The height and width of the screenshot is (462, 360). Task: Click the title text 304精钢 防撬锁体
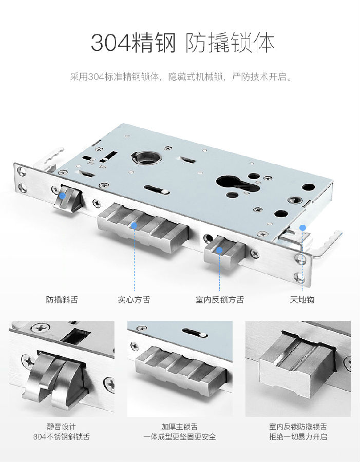coord(182,43)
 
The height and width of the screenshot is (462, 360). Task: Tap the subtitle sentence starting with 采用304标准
coord(181,77)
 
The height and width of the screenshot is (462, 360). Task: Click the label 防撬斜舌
coord(62,300)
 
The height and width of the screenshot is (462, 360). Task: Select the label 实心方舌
coord(134,300)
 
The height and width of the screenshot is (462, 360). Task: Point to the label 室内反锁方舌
coord(220,300)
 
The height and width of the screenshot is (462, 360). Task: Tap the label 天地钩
coord(302,300)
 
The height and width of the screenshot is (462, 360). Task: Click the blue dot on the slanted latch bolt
coord(63,196)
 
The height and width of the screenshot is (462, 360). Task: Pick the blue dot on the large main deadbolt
coord(134,226)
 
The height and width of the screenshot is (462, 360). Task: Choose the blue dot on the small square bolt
coord(219,250)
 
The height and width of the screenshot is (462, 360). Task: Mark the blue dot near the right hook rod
coord(303,227)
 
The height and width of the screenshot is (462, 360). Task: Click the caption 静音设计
coord(61,427)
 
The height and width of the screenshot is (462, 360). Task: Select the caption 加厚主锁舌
coord(179,427)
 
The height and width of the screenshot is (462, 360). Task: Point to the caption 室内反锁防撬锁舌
coord(298,427)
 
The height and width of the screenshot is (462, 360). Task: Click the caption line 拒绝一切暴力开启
coord(298,436)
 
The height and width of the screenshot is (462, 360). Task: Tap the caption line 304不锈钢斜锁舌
coord(61,436)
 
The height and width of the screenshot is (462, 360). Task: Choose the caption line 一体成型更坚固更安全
coord(179,436)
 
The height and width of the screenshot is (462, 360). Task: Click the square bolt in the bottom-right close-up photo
coord(298,365)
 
